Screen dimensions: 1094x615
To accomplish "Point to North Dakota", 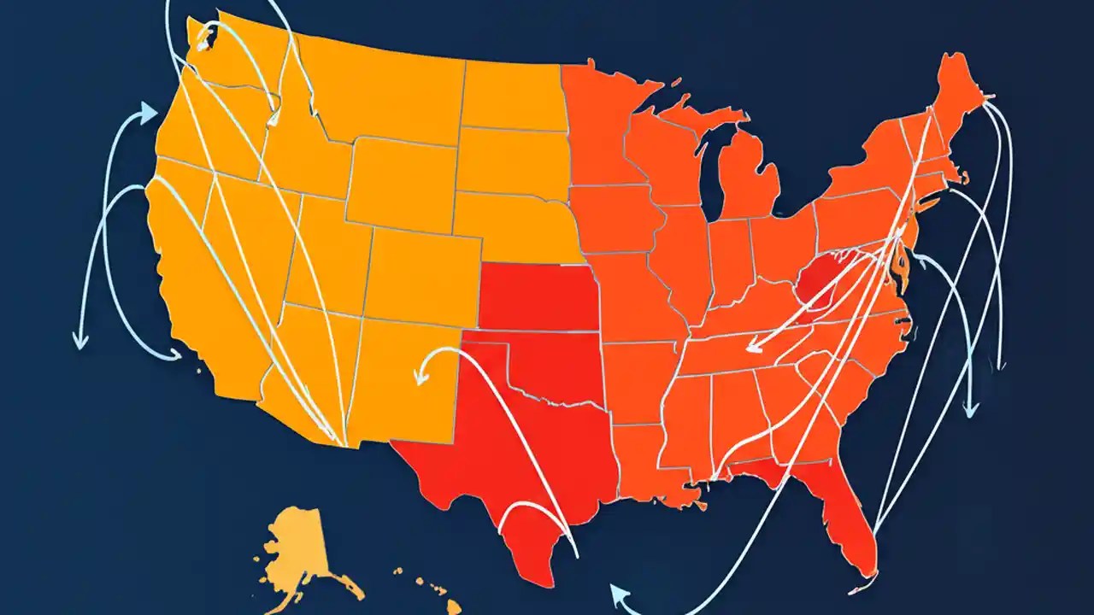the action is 513,94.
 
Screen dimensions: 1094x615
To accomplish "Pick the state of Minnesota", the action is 598,128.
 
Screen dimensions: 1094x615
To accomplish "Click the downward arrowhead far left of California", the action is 80,342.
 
